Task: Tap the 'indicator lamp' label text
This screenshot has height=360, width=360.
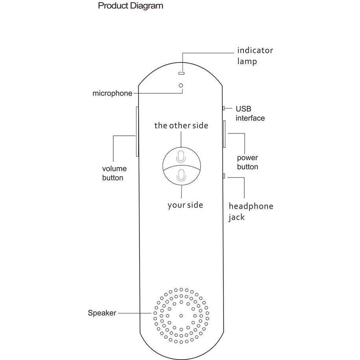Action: (255, 56)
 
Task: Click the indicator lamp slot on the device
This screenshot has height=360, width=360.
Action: (181, 73)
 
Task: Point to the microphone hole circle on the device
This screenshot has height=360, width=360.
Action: (181, 85)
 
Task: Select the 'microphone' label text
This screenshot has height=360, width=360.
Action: (112, 94)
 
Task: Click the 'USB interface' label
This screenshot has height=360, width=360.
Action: (250, 113)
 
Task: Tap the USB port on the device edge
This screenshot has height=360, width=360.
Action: (223, 108)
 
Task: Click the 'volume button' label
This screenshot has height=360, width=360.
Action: (114, 173)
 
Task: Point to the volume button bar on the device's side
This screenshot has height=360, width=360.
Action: (137, 131)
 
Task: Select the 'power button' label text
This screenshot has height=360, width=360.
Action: (247, 162)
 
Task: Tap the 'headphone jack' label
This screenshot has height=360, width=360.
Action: (251, 212)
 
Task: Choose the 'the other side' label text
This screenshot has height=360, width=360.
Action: (181, 126)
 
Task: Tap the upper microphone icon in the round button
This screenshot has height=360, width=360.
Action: (181, 156)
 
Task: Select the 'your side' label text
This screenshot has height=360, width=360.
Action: (185, 205)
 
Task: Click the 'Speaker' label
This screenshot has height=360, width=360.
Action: (102, 313)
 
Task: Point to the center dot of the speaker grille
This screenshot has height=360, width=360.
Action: (181, 315)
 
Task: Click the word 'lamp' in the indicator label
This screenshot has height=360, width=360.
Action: (247, 61)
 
